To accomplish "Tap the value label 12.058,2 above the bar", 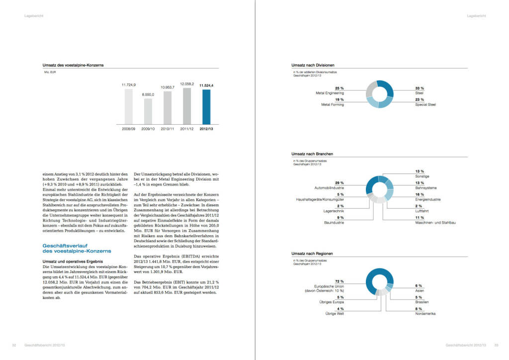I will coord(186,84).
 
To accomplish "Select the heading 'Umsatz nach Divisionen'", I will coord(313,65).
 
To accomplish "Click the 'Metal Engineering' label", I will coord(330,93).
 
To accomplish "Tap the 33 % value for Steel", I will coord(420,88).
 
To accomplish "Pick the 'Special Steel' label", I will coord(425,104).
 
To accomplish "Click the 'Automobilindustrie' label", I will coord(330,188).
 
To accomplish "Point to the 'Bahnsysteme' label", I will coord(426,188).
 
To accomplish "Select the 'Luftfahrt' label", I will coord(422,211).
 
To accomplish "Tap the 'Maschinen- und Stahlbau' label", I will coord(435,223).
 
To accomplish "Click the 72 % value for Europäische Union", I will coord(340,281).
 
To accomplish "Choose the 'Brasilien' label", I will coord(422,302).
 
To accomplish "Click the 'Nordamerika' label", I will coord(425,314).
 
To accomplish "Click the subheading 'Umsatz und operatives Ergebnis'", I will coord(73,261).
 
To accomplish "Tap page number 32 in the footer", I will coord(14,345).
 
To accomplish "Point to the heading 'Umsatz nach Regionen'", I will coord(312,254).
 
